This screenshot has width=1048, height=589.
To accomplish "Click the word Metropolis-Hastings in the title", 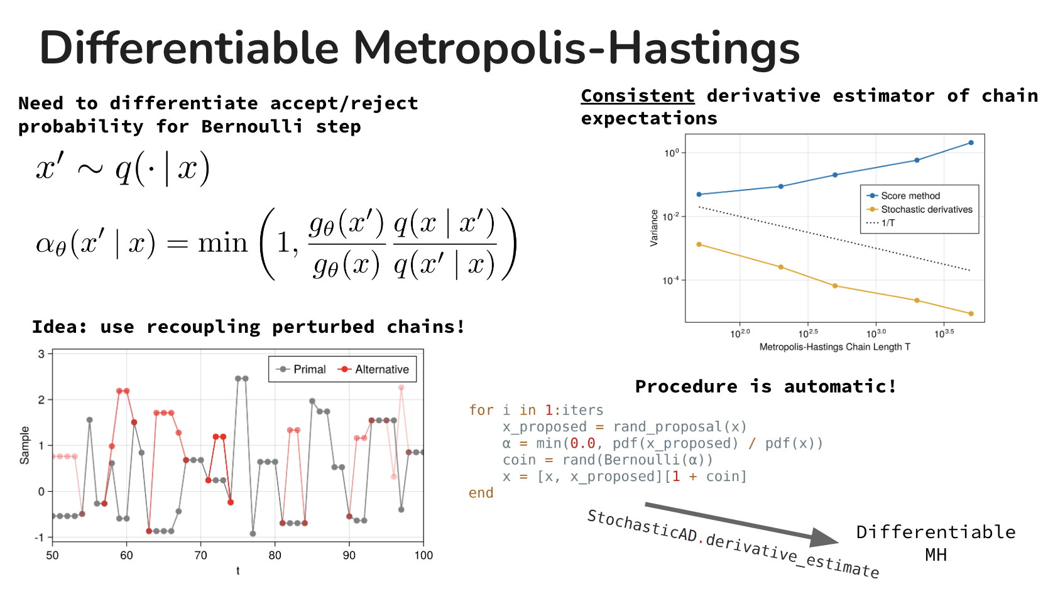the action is [x=576, y=48].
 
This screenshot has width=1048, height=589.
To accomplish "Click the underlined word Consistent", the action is [x=638, y=96].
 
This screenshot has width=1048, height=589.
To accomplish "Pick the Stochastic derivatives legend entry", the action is [x=919, y=210].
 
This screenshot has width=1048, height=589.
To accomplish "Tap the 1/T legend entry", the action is [x=880, y=223].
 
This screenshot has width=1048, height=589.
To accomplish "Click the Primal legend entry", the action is [x=301, y=369].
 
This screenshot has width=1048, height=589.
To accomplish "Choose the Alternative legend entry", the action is [x=373, y=369].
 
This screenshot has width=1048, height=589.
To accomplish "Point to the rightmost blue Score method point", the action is [x=971, y=143].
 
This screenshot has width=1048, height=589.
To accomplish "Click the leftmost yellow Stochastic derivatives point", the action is [x=699, y=244].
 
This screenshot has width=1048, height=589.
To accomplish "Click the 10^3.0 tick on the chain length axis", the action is [x=876, y=333].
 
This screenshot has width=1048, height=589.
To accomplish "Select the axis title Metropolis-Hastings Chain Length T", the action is [x=834, y=347].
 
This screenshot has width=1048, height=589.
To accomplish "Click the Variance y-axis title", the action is [x=654, y=228].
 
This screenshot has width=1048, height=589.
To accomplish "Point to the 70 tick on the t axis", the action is [x=200, y=555].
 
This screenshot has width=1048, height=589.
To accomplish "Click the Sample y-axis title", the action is [x=25, y=445].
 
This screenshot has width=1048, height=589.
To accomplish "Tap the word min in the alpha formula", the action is [x=222, y=243].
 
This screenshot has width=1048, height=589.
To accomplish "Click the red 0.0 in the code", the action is [x=582, y=443].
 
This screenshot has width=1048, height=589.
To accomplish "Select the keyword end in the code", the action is [x=481, y=493].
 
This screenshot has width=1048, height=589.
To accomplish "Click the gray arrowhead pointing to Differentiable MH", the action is [x=824, y=538].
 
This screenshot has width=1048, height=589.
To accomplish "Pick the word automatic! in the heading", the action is [x=840, y=386].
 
